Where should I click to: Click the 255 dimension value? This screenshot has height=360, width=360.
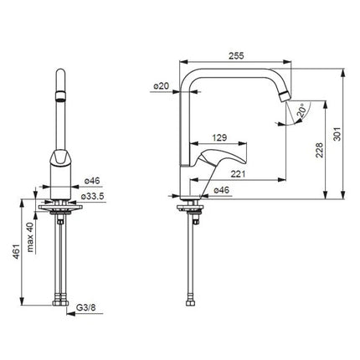[x=236, y=56]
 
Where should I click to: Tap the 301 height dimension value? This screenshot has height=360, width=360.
[x=337, y=134]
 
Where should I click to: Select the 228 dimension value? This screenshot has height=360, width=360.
[x=319, y=150]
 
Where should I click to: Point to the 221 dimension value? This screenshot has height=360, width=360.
[x=238, y=174]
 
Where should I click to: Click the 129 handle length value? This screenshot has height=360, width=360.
[x=219, y=137]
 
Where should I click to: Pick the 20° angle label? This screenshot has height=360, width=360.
[x=301, y=111]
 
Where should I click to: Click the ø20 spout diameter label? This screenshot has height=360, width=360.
[x=162, y=86]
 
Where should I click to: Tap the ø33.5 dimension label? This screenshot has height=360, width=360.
[x=92, y=196]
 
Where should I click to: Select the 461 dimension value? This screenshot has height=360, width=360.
[x=17, y=251]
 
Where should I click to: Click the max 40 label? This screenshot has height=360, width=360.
[x=30, y=237]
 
